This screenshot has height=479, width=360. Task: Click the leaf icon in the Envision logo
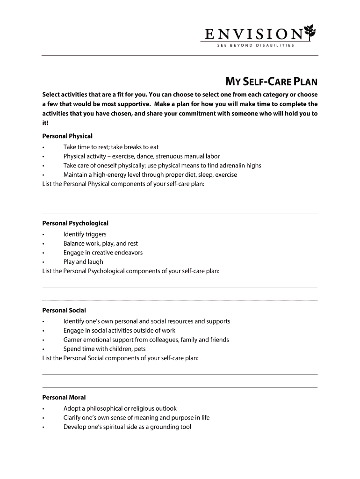click(310, 32)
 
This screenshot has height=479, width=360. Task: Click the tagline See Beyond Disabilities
click(255, 45)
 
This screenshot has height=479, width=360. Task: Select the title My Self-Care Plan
click(272, 83)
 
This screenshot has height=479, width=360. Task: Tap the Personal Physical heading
click(67, 136)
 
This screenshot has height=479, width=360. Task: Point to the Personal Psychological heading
click(75, 223)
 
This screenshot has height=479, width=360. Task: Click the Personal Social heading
click(64, 310)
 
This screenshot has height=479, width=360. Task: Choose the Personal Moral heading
click(64, 397)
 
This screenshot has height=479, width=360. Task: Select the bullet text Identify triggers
click(85, 234)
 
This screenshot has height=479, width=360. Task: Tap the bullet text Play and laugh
click(83, 262)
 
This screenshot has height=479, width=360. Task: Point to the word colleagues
click(180, 340)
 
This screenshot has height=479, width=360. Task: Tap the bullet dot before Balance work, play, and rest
click(43, 244)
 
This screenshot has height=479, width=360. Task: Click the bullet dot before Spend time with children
click(43, 349)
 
